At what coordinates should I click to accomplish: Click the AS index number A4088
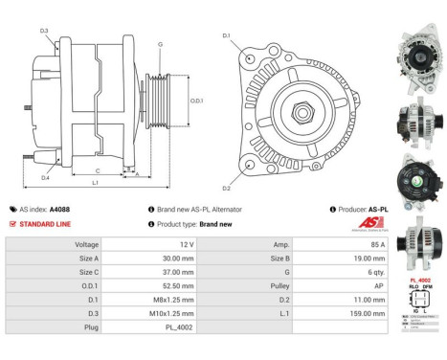coord(59,209)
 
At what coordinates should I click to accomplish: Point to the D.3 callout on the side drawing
coord(45,31)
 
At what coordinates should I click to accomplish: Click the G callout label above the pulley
coord(160,45)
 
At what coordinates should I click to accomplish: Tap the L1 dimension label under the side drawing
coord(95,182)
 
